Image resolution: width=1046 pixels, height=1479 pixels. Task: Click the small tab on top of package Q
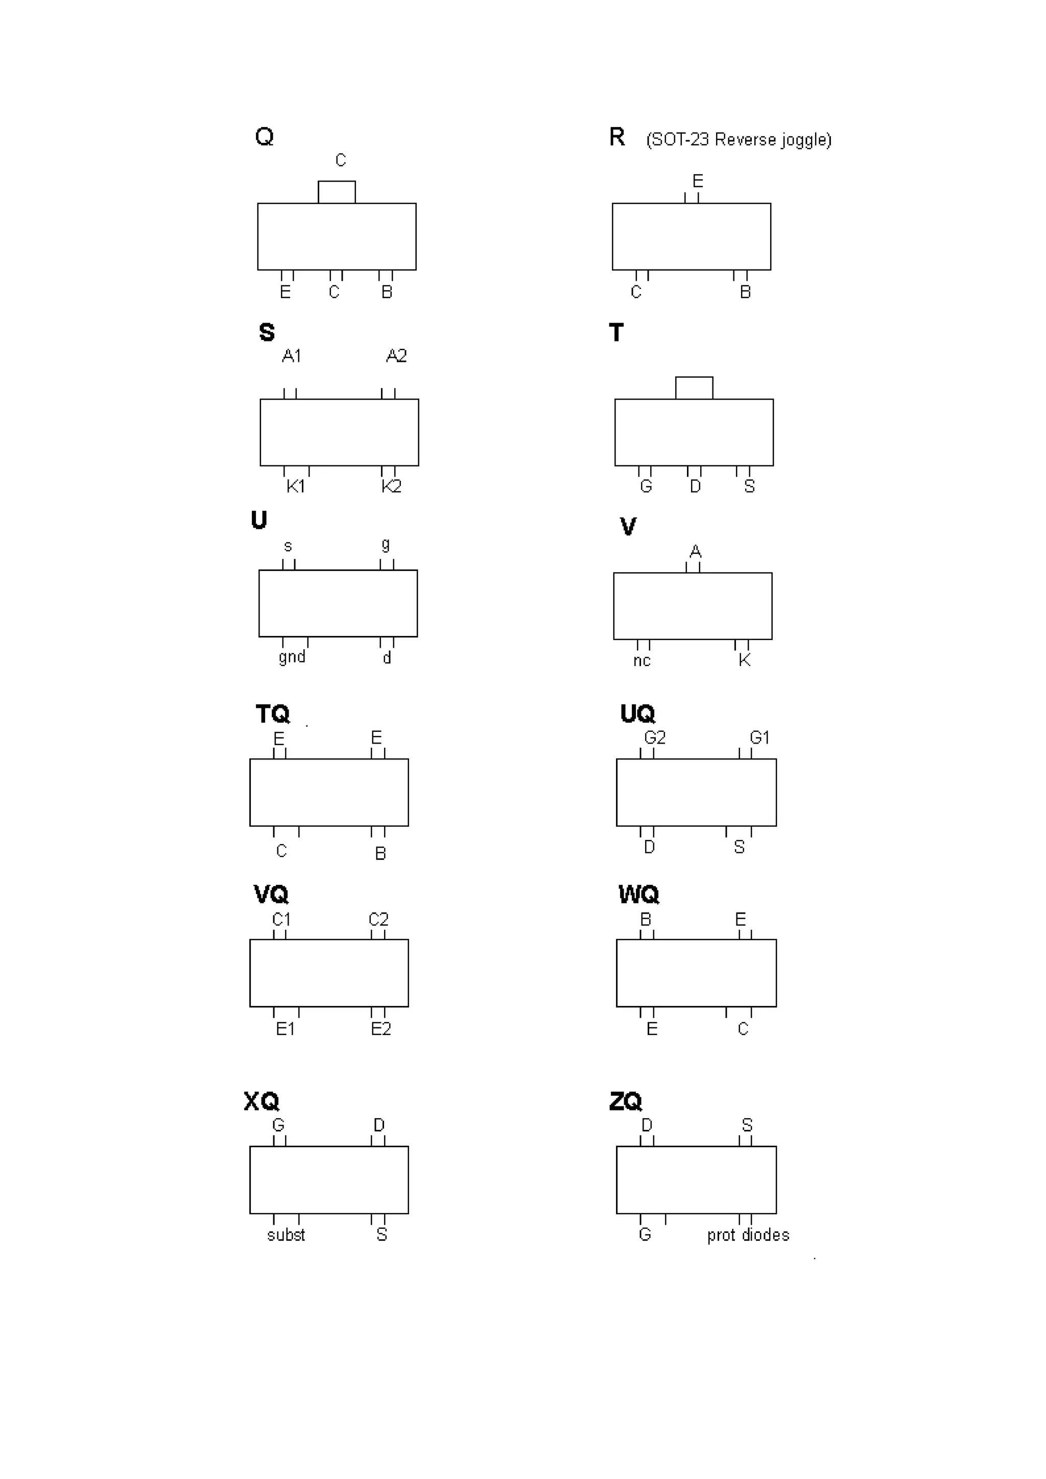pyautogui.click(x=337, y=192)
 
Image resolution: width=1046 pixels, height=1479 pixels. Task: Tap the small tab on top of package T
pyautogui.click(x=694, y=388)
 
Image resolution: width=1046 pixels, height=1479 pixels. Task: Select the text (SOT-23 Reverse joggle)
pyautogui.click(x=739, y=140)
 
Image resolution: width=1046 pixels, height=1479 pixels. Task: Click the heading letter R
pyautogui.click(x=617, y=137)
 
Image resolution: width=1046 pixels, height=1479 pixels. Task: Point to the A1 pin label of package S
pyautogui.click(x=291, y=356)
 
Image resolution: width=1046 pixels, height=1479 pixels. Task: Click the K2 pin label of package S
pyautogui.click(x=391, y=486)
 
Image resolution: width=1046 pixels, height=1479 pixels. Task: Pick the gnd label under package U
pyautogui.click(x=292, y=657)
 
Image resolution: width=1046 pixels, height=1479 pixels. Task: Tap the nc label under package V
pyautogui.click(x=641, y=660)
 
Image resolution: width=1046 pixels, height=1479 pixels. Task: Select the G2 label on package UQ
pyautogui.click(x=654, y=737)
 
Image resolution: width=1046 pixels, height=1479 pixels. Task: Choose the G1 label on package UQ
pyautogui.click(x=759, y=737)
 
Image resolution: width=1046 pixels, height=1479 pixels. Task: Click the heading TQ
pyautogui.click(x=273, y=714)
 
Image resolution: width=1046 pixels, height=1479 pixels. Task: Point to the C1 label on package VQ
pyautogui.click(x=281, y=919)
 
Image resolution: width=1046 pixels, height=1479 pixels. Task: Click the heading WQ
pyautogui.click(x=639, y=894)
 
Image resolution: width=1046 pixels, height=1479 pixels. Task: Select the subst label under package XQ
pyautogui.click(x=286, y=1235)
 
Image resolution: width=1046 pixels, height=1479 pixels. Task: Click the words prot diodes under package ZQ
pyautogui.click(x=748, y=1235)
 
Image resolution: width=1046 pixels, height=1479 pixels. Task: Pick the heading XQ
pyautogui.click(x=261, y=1101)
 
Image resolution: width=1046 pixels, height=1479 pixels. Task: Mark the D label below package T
pyautogui.click(x=695, y=486)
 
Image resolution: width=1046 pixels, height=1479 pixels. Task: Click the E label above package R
pyautogui.click(x=697, y=181)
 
